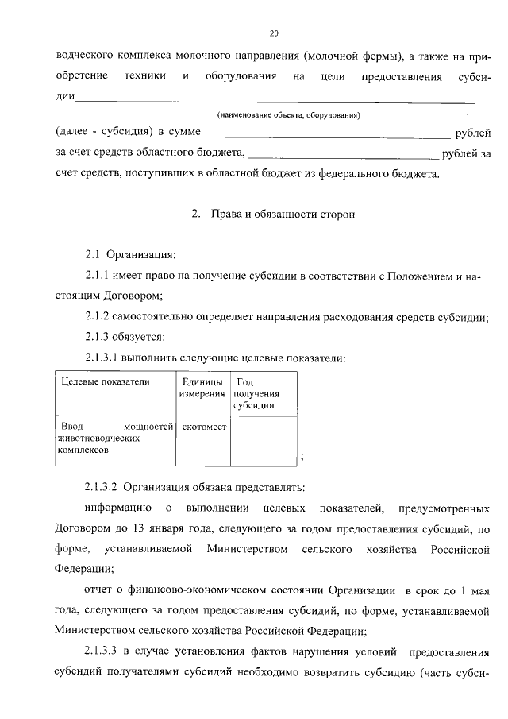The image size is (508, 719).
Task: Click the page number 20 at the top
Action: point(274,33)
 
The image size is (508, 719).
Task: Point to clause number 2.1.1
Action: point(101,276)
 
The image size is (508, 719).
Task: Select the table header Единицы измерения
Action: point(202,388)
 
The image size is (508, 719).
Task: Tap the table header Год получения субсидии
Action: point(254,393)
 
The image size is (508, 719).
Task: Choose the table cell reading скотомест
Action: point(204,427)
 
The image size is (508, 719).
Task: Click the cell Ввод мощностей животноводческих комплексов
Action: point(114,439)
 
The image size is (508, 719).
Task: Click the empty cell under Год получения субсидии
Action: point(263,441)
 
